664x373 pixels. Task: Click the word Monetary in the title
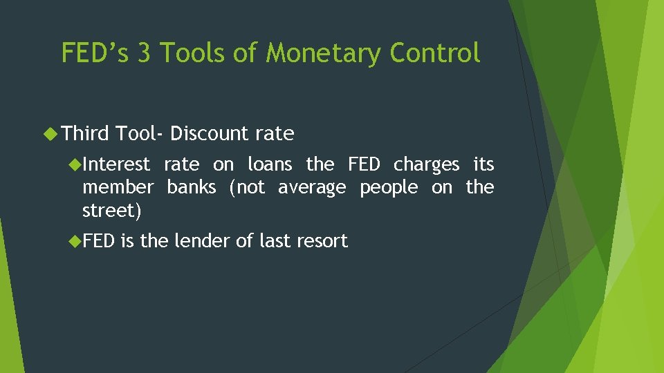tap(322, 53)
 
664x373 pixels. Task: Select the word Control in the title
tap(435, 53)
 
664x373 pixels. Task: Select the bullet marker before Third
tap(52, 133)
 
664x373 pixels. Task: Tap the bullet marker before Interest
tap(75, 164)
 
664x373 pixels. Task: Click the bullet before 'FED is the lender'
tap(75, 241)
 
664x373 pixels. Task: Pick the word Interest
tap(116, 164)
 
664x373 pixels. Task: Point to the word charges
tap(426, 165)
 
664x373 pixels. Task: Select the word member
tap(118, 187)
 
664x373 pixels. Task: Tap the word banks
tap(191, 187)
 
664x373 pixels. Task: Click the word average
tap(311, 188)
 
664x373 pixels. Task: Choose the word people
tap(388, 188)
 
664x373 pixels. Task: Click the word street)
tap(111, 211)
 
